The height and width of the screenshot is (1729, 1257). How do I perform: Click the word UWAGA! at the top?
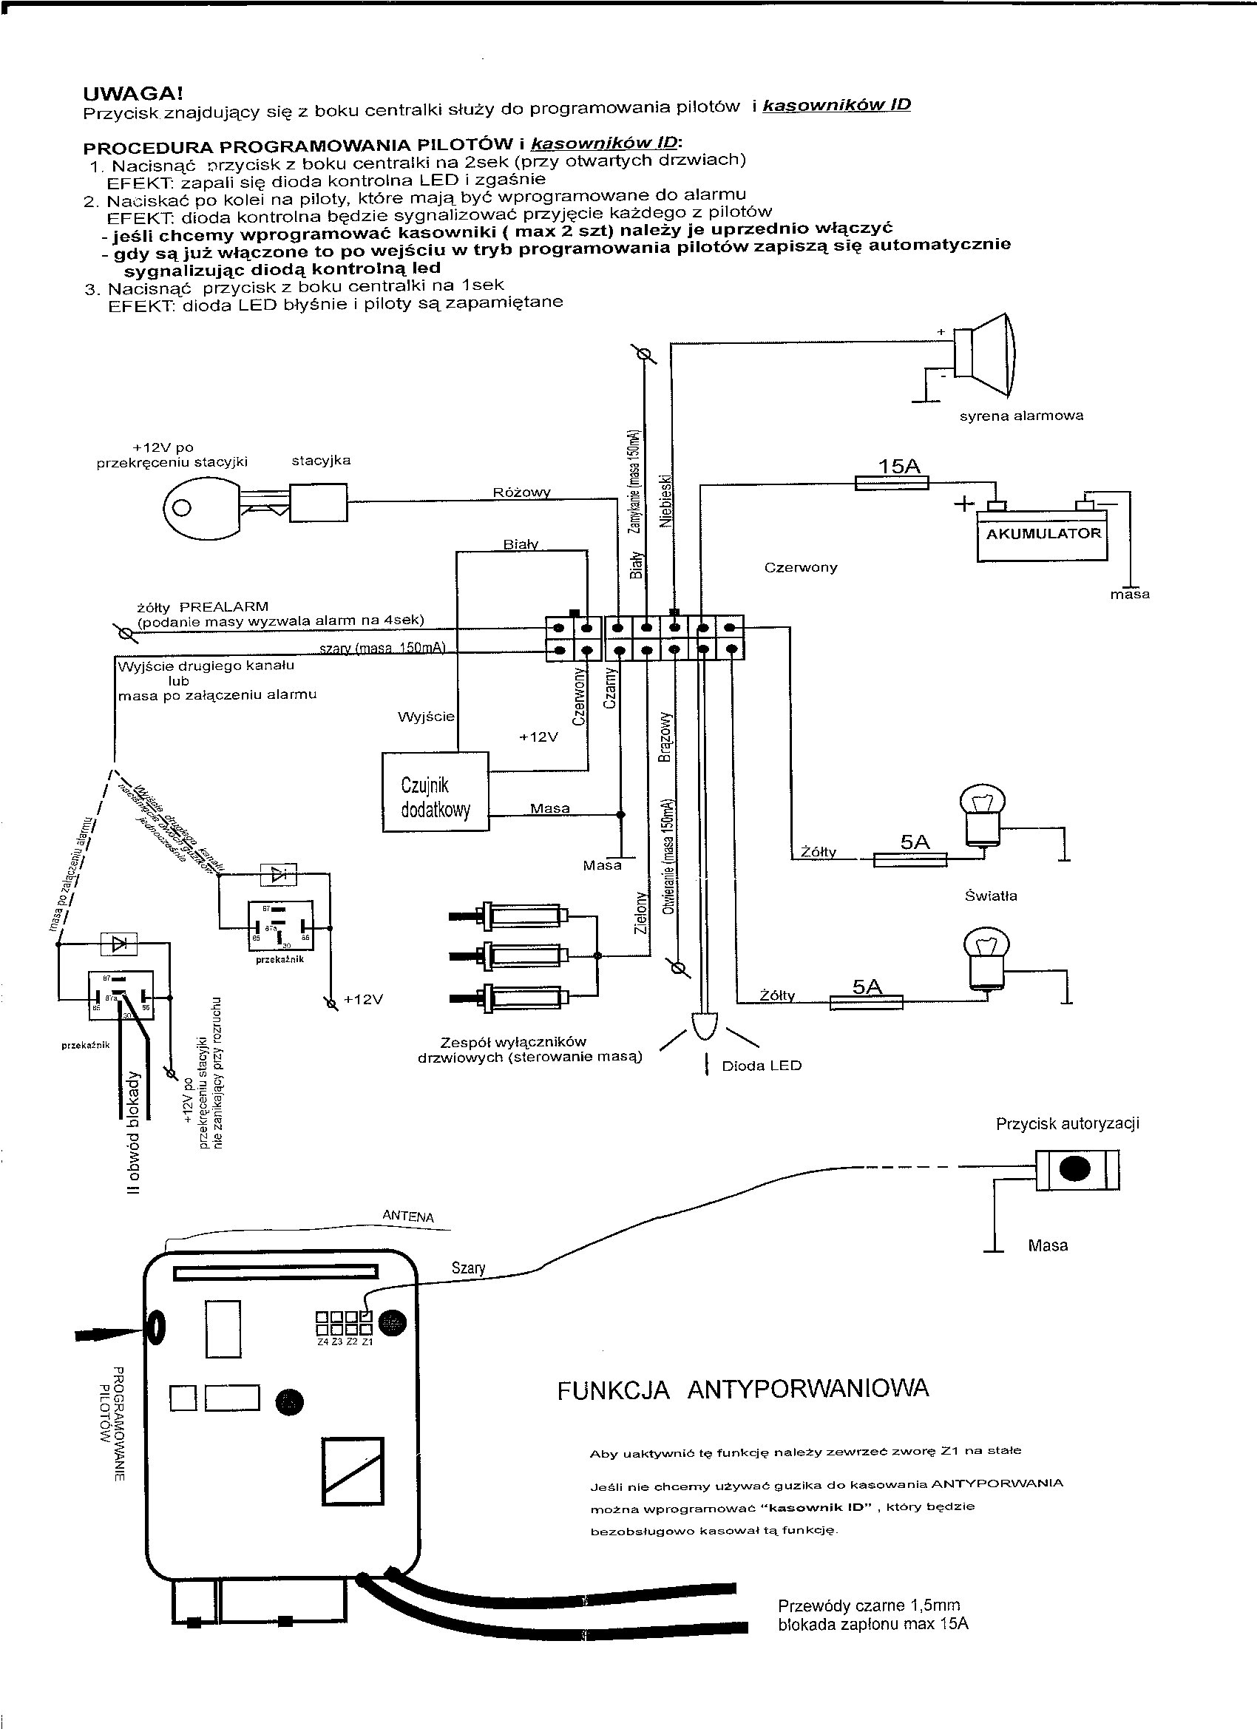(132, 95)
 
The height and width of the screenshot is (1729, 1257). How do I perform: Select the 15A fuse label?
(899, 467)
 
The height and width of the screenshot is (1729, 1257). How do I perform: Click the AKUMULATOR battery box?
(1043, 535)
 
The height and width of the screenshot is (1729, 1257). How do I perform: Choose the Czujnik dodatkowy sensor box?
(436, 791)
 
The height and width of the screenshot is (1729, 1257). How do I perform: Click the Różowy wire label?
(521, 493)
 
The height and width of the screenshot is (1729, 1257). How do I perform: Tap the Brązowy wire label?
(665, 737)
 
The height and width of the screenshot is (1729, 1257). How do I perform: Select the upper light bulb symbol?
(982, 815)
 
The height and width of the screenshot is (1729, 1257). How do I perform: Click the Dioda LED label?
(762, 1066)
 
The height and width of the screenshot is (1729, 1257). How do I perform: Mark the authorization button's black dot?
(1076, 1169)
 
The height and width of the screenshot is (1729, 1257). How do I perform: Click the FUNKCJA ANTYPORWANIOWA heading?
(743, 1390)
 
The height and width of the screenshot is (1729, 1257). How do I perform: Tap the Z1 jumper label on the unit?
(367, 1342)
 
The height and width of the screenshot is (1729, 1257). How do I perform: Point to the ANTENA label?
(408, 1217)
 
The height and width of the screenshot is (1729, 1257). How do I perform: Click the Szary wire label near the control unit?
(468, 1268)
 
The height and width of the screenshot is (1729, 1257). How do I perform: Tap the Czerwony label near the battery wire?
(800, 568)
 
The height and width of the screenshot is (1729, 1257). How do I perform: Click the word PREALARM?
(223, 607)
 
